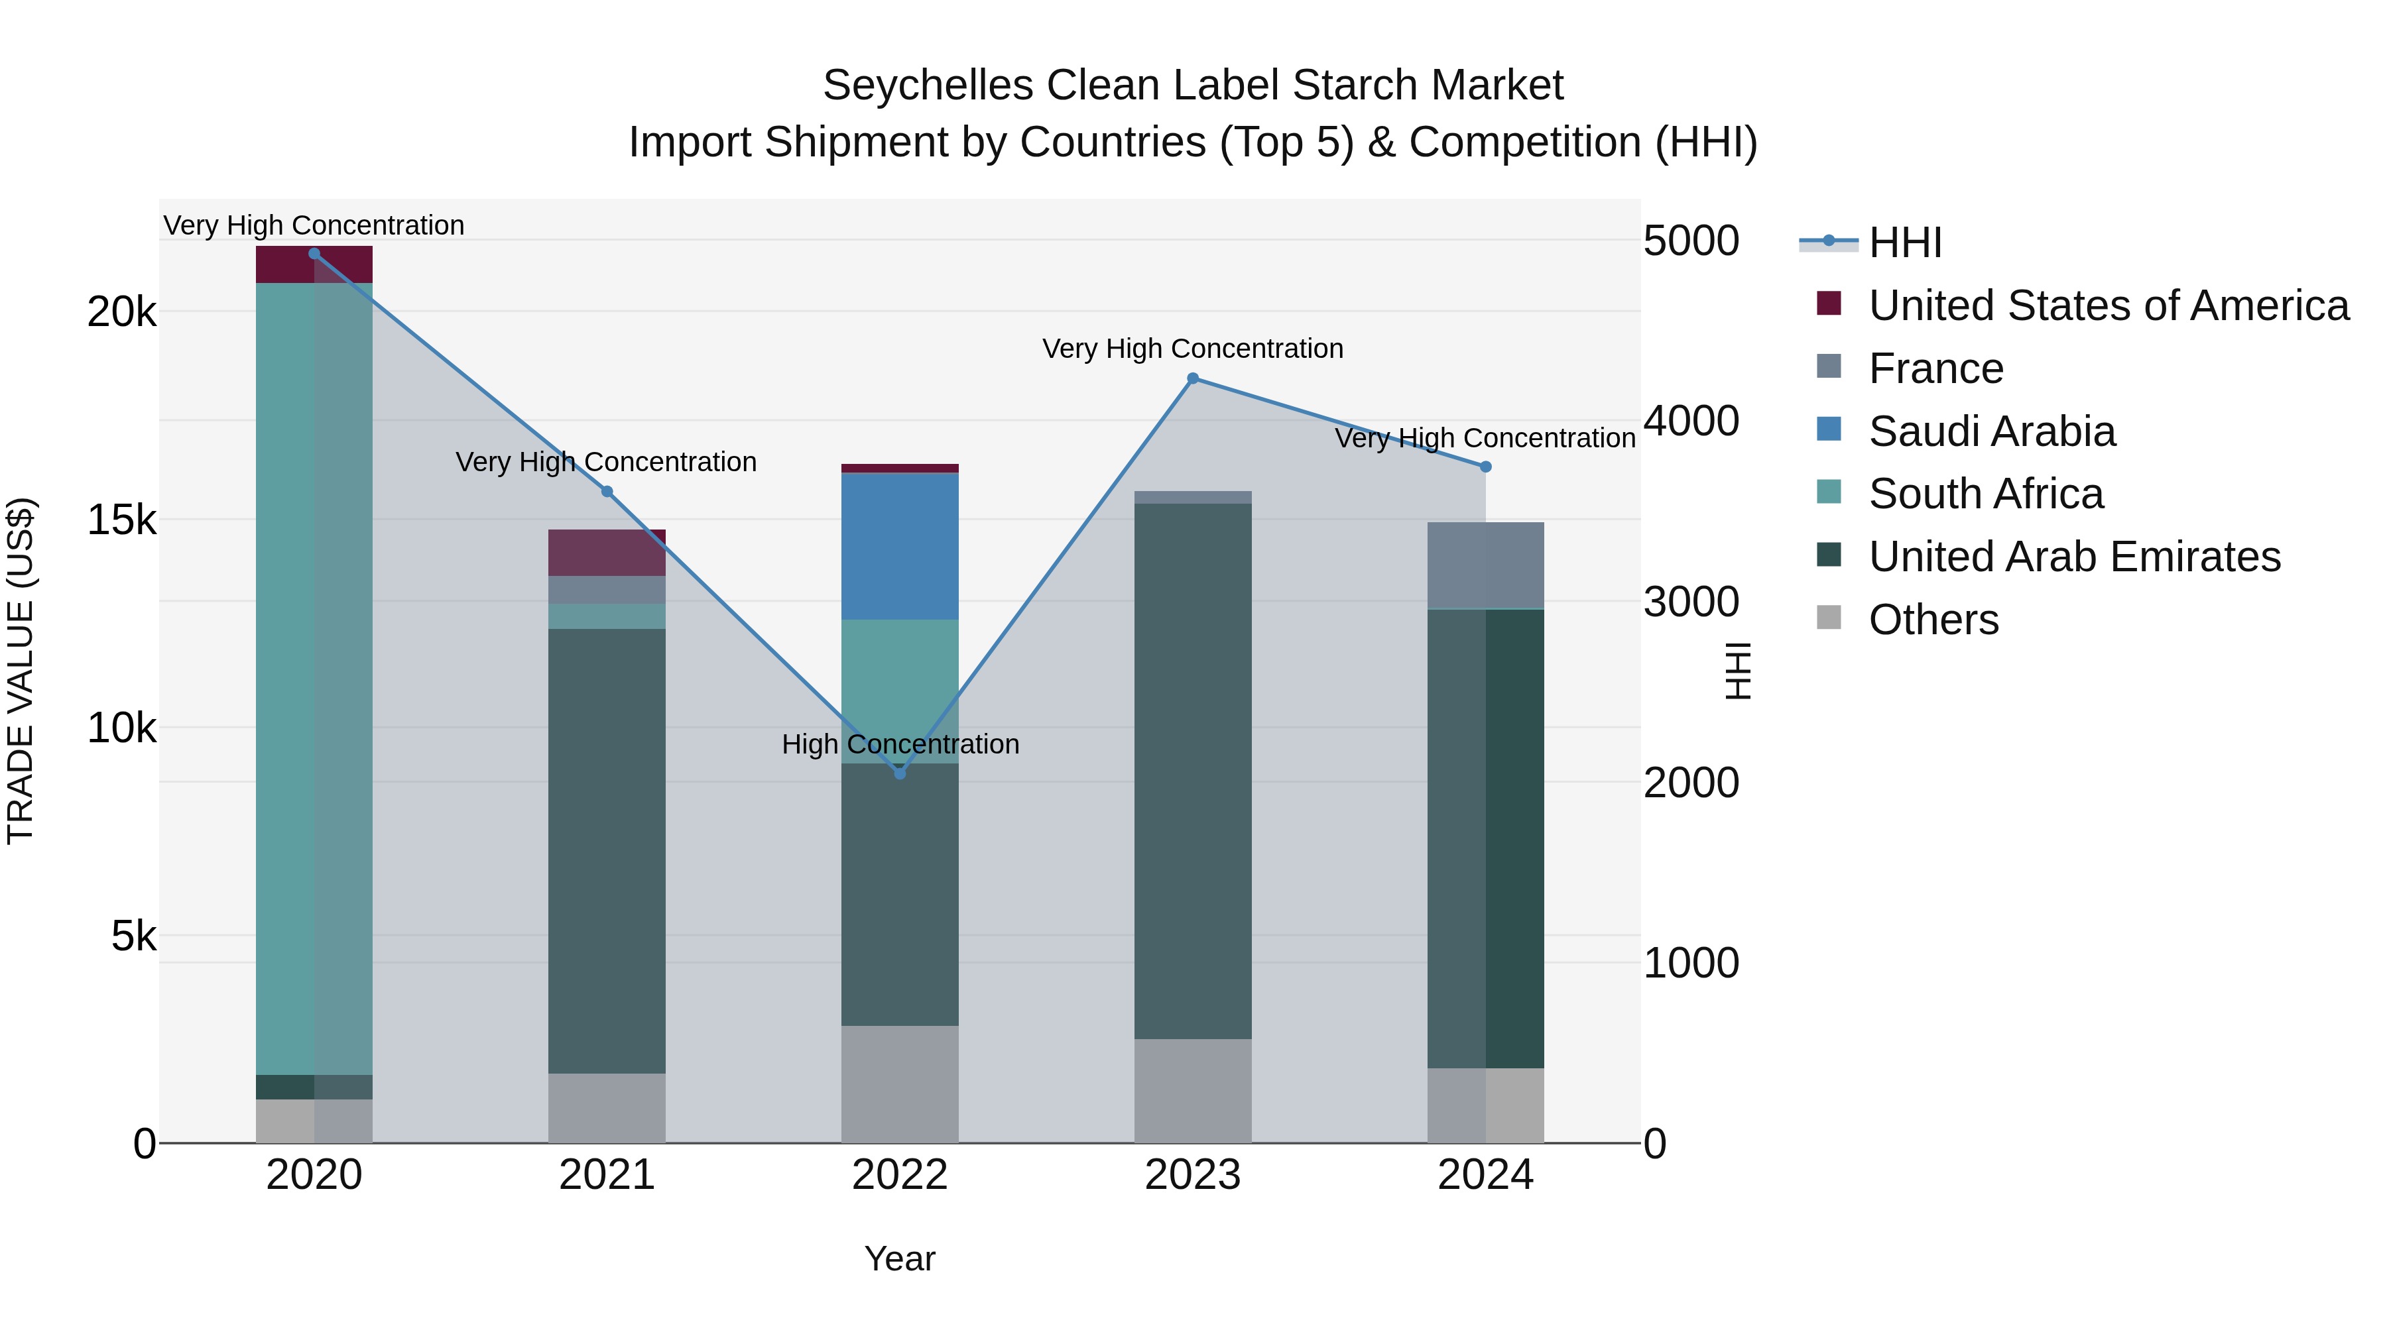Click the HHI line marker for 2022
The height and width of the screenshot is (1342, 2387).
(900, 773)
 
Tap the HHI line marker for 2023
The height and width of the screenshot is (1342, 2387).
(1193, 378)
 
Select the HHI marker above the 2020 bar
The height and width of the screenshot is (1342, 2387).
(314, 254)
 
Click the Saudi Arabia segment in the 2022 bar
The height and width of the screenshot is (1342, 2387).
(900, 547)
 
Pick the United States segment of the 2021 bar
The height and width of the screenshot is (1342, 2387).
(607, 553)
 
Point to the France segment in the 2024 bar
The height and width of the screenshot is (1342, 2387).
(1485, 565)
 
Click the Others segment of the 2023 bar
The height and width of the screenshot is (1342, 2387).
(1193, 1090)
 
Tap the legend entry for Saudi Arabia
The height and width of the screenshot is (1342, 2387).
(1991, 431)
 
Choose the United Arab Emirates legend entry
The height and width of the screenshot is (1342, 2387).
(2074, 557)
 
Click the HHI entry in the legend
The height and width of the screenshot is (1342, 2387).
(1904, 243)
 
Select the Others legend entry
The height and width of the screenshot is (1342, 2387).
(1933, 620)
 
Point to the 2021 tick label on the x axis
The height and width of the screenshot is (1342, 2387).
(607, 1175)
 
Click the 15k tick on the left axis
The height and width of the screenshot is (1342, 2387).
(121, 520)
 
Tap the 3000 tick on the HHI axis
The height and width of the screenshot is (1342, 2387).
(1691, 602)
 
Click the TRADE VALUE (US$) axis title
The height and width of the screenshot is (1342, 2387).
(21, 671)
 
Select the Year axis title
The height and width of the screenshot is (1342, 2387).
(900, 1258)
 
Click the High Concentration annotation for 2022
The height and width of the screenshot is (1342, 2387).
(900, 745)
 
